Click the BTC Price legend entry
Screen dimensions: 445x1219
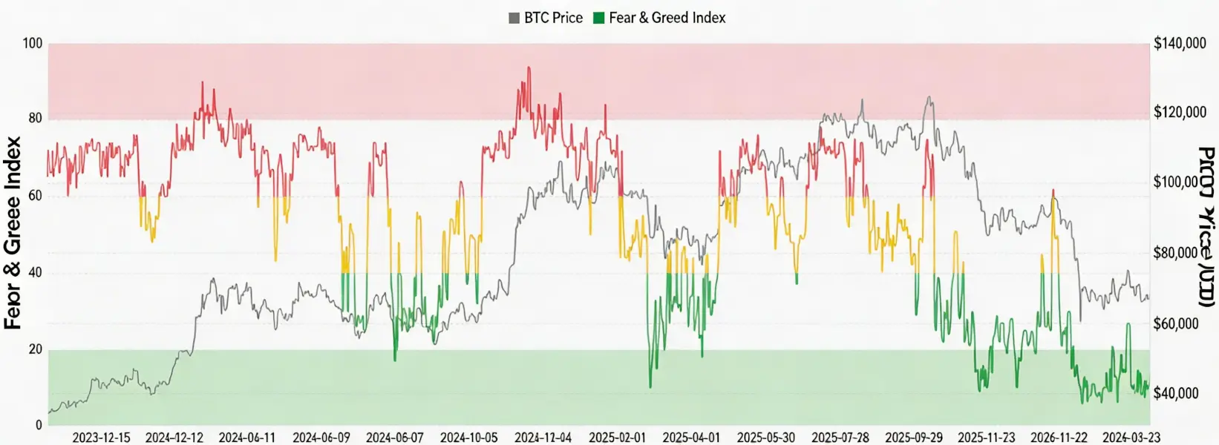click(546, 18)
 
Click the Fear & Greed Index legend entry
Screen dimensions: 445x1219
click(659, 18)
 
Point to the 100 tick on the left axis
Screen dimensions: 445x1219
click(33, 44)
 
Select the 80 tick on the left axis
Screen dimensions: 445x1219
click(35, 119)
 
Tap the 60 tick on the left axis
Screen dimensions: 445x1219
click(35, 196)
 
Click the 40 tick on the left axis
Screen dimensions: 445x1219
click(35, 273)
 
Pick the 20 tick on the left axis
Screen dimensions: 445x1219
click(35, 349)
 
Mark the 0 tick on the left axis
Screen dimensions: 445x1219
click(39, 426)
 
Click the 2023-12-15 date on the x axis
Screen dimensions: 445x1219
click(101, 438)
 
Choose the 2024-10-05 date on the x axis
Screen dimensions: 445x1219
click(468, 438)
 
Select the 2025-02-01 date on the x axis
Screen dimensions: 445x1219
click(617, 438)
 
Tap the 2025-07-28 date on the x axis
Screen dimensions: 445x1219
click(840, 438)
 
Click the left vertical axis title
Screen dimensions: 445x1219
click(13, 233)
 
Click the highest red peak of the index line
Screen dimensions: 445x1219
click(529, 67)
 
